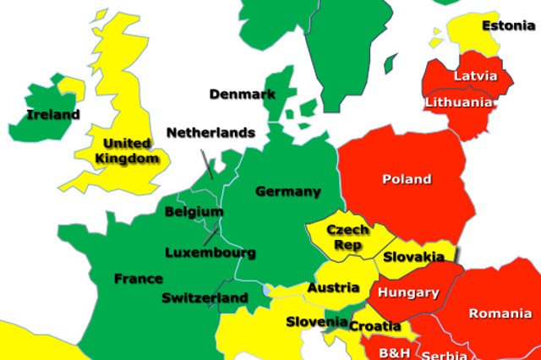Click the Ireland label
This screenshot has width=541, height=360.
(x=52, y=114)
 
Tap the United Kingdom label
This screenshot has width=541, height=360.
(x=127, y=150)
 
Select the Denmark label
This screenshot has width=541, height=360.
(x=242, y=94)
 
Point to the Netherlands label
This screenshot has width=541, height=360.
(x=210, y=133)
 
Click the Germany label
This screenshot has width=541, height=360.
(x=288, y=191)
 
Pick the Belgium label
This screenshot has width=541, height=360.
(x=194, y=211)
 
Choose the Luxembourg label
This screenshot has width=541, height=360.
(x=210, y=252)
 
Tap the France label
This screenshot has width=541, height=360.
(x=139, y=278)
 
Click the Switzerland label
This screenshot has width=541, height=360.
(x=205, y=297)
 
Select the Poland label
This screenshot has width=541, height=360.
(x=407, y=179)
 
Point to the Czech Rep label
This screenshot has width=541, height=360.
(x=347, y=237)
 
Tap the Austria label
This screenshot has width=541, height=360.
(x=333, y=287)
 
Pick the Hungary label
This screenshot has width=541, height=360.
(x=408, y=293)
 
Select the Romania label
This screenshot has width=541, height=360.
(x=500, y=314)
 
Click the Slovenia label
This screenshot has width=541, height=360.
(x=316, y=321)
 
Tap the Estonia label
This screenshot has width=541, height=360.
(x=508, y=25)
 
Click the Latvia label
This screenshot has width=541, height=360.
(x=476, y=75)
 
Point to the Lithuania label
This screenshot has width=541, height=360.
(x=459, y=102)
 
